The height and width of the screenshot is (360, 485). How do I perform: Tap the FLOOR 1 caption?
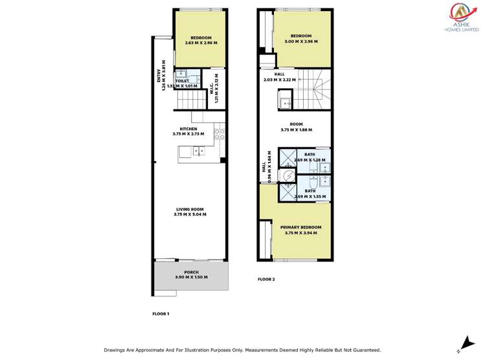160,313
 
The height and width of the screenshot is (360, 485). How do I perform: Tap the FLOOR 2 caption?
266,279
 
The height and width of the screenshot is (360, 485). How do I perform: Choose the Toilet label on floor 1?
182,81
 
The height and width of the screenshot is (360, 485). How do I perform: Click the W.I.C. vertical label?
211,87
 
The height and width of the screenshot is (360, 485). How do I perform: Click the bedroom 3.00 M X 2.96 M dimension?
301,41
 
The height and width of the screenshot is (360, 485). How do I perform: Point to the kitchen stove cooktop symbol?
220,135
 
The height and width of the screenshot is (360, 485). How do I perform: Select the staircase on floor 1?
191,100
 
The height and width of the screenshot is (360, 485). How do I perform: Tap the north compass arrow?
467,343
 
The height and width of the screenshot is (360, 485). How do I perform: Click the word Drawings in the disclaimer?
116,350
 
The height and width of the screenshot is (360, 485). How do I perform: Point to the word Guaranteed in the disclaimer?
364,350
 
